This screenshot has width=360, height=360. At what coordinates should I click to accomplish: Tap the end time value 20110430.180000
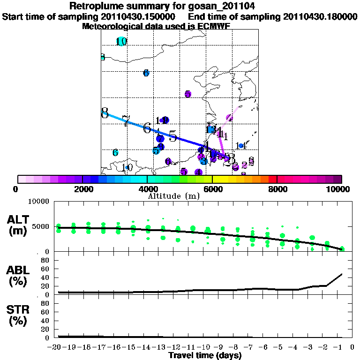320,16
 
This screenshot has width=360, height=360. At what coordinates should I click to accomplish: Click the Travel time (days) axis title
205,355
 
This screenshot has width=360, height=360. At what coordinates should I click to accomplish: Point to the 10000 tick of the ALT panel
40,202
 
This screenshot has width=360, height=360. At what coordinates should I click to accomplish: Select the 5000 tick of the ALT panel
42,227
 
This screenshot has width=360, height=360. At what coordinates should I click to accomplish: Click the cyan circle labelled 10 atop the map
121,41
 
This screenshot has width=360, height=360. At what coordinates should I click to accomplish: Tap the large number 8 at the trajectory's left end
105,113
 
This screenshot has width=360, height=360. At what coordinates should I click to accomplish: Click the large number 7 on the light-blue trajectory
126,121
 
